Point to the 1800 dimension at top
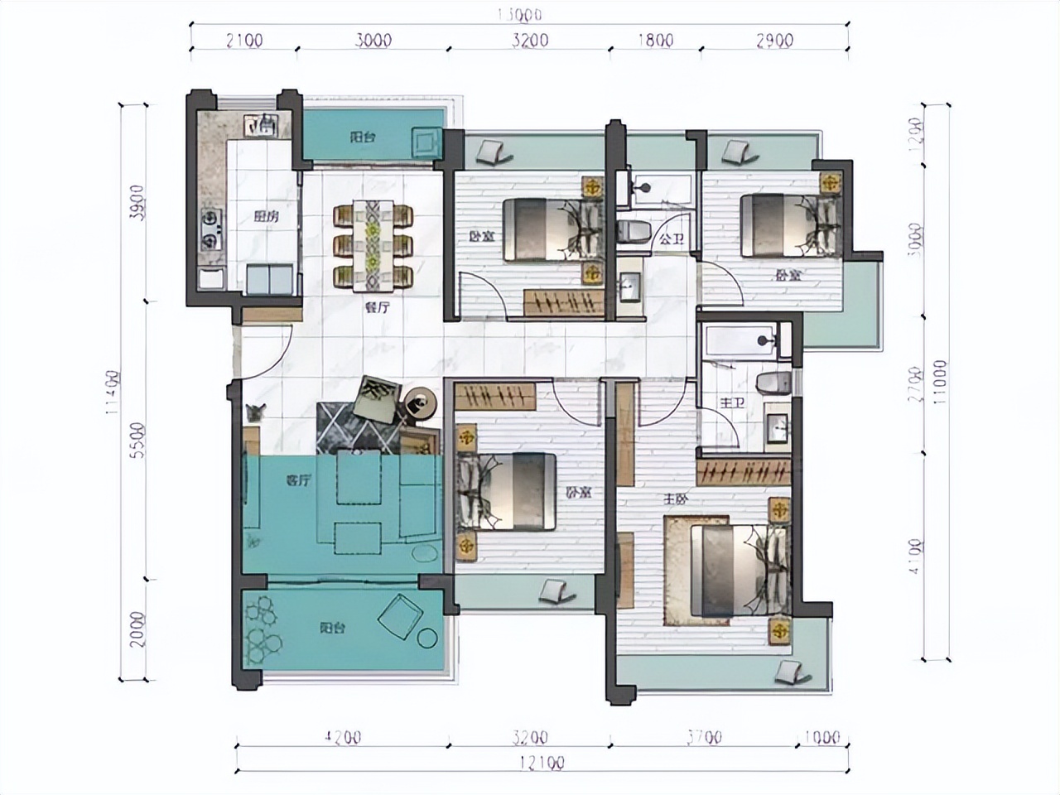pyautogui.click(x=656, y=40)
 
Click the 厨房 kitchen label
pyautogui.click(x=265, y=218)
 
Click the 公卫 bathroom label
pyautogui.click(x=670, y=239)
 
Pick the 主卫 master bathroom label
pyautogui.click(x=729, y=403)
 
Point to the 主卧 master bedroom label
pyautogui.click(x=673, y=499)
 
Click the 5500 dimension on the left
pyautogui.click(x=137, y=441)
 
